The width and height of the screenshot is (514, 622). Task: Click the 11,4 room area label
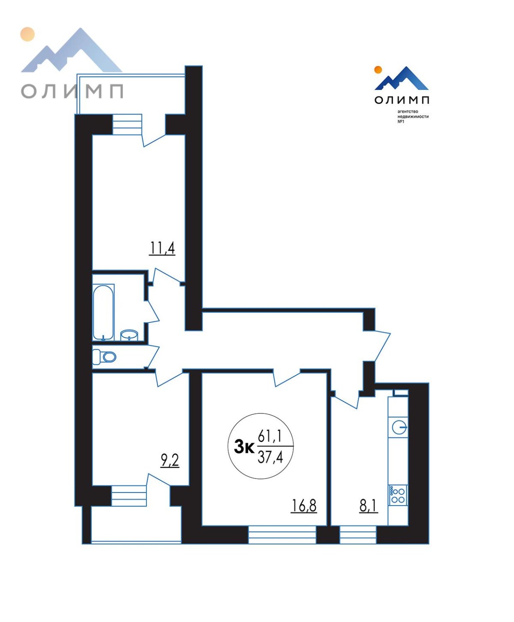[x=162, y=248]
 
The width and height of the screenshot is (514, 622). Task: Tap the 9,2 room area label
[x=170, y=461]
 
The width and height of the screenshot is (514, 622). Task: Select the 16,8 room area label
[x=304, y=505]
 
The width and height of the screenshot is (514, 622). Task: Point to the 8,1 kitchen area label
[x=369, y=505]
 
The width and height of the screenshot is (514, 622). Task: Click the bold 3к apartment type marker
[x=244, y=447]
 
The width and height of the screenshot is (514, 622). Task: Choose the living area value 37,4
[x=270, y=457]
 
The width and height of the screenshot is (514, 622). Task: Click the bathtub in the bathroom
[x=103, y=312]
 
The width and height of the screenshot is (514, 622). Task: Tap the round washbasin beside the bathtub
[x=129, y=335]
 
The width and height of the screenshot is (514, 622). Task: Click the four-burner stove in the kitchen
[x=398, y=495]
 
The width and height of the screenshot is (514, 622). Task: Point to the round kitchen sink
[x=400, y=428]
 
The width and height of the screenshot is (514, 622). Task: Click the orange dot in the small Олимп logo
[x=378, y=70]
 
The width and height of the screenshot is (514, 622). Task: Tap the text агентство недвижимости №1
[x=413, y=117]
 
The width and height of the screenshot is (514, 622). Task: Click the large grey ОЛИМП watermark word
[x=72, y=91]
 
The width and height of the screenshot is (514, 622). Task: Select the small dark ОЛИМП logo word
[x=402, y=100]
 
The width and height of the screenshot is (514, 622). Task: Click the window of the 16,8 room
[x=282, y=535]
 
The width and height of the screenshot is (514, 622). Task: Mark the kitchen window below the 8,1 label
[x=358, y=535]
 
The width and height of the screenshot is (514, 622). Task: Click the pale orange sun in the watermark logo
[x=27, y=34]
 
